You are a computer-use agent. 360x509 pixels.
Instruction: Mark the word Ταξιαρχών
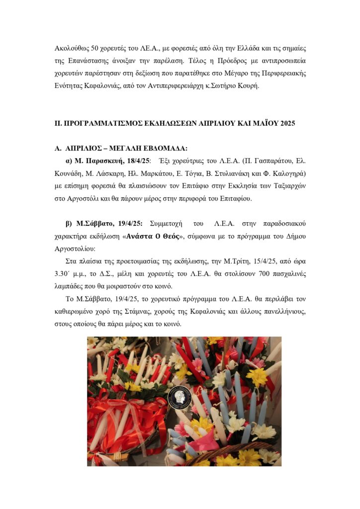287,185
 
